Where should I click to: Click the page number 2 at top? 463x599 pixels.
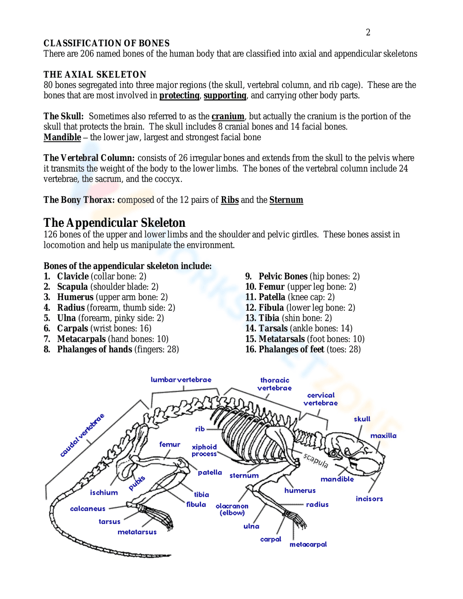[368, 32]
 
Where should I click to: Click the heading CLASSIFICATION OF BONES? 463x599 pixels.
[106, 43]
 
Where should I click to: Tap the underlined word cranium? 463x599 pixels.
[228, 117]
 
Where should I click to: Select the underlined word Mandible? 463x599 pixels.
[62, 137]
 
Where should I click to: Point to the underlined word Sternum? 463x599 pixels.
[286, 200]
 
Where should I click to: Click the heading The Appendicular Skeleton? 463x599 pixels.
[114, 223]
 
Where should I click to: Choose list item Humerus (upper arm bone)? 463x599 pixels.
[113, 297]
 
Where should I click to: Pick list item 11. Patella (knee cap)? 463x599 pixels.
[290, 297]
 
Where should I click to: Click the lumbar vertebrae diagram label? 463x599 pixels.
[181, 380]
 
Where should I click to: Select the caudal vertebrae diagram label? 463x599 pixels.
[82, 435]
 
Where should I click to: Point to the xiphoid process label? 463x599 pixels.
[204, 450]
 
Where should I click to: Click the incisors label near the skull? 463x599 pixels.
[369, 499]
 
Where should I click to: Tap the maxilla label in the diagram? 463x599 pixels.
[383, 436]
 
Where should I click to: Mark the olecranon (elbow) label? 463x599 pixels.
[232, 510]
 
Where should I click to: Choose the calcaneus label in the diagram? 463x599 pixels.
[88, 509]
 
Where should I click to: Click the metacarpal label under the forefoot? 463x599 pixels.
[308, 545]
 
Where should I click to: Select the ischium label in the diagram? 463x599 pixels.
[104, 493]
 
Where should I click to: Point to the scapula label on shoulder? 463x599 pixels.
[316, 461]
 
